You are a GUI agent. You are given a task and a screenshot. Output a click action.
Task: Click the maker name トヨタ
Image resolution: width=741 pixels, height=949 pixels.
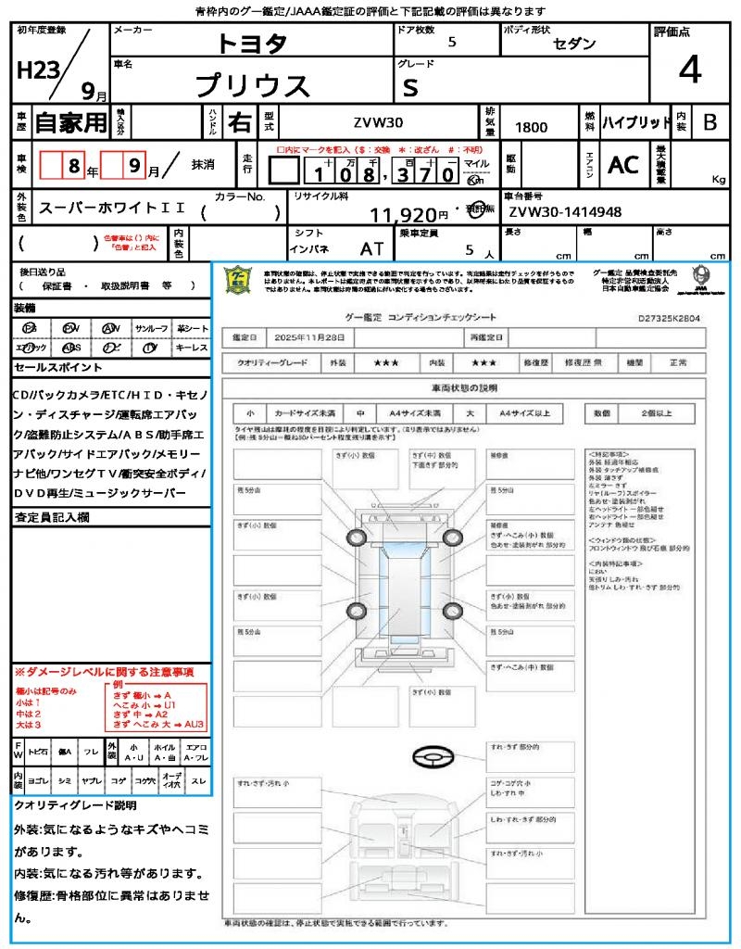(252, 44)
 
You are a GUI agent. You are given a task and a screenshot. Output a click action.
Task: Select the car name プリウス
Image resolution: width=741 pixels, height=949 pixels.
(252, 85)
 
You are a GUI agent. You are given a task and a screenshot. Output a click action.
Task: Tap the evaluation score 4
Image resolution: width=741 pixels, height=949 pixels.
(688, 70)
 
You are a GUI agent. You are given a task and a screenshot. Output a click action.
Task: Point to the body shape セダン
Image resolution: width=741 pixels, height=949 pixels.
(574, 44)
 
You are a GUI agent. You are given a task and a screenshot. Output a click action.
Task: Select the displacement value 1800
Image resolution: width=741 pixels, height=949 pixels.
(531, 127)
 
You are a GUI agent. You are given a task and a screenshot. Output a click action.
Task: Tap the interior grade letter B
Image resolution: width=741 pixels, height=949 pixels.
(710, 122)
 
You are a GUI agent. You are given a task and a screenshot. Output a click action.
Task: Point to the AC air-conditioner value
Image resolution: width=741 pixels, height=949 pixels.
(623, 165)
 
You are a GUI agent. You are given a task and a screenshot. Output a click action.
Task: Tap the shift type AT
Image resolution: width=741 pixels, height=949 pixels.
(371, 248)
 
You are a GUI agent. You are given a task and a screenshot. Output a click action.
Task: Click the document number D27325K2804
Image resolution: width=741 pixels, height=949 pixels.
(670, 317)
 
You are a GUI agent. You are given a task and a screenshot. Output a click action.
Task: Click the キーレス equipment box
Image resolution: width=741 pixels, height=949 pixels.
(192, 348)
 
